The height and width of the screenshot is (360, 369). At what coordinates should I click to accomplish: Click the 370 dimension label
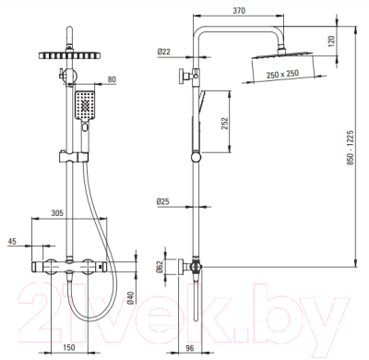(x=239, y=11)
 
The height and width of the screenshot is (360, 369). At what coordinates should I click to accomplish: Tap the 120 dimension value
(x=331, y=41)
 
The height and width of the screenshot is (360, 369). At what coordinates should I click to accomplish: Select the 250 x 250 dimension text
(x=282, y=74)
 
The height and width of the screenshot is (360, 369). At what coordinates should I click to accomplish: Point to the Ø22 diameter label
(x=164, y=52)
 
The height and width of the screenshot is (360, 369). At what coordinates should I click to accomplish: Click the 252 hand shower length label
(x=225, y=124)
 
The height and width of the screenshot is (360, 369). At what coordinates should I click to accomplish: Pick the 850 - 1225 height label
(x=351, y=148)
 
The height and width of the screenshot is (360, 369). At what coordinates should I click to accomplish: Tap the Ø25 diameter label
(x=163, y=202)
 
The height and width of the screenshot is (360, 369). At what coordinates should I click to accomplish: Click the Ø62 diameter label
(x=159, y=267)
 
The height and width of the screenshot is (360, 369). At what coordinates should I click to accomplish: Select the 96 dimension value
(x=190, y=348)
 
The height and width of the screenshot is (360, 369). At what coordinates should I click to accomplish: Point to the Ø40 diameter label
(x=131, y=297)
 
